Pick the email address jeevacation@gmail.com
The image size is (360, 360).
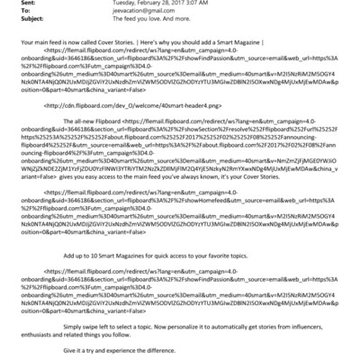[118, 13]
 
